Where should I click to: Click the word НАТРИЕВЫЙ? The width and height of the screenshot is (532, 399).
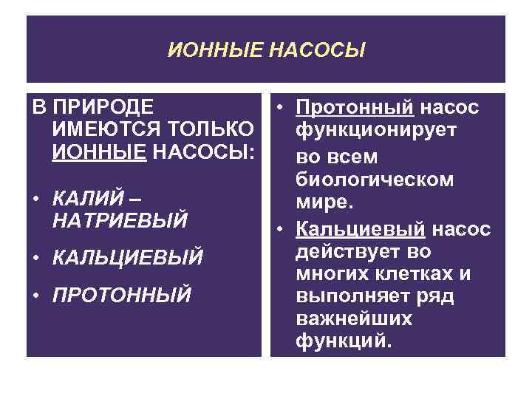click(x=120, y=221)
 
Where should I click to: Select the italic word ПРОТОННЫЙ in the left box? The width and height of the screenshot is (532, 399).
click(x=121, y=295)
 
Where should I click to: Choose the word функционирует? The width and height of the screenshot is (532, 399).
click(x=376, y=130)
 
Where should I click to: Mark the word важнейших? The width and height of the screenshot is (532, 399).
click(x=353, y=320)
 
